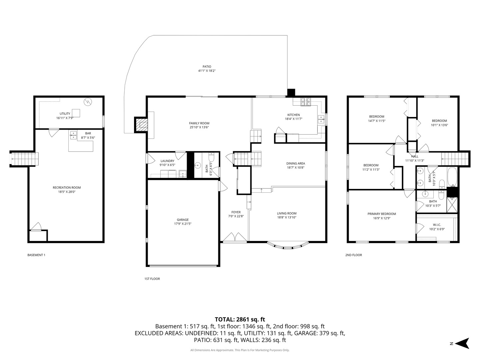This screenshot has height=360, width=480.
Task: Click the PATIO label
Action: point(207,67)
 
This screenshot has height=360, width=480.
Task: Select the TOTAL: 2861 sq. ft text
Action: point(240,319)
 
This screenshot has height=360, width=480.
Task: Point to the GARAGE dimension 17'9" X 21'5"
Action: point(183,224)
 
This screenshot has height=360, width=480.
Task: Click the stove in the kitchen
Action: point(306,101)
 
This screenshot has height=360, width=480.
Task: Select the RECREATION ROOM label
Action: point(67,188)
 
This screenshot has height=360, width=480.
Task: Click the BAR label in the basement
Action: point(88,133)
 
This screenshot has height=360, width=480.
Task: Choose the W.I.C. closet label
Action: point(437,225)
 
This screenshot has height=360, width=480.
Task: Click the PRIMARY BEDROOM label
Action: point(382,214)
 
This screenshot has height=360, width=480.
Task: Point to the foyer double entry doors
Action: point(235,237)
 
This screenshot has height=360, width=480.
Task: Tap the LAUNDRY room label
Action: point(167,161)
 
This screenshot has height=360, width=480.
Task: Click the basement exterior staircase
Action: point(24,159)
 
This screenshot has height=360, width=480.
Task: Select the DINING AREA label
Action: point(296,163)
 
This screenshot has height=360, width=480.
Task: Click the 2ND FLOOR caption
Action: point(353,255)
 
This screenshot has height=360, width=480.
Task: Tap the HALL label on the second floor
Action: point(414,156)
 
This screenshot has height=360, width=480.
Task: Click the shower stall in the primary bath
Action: point(452,205)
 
